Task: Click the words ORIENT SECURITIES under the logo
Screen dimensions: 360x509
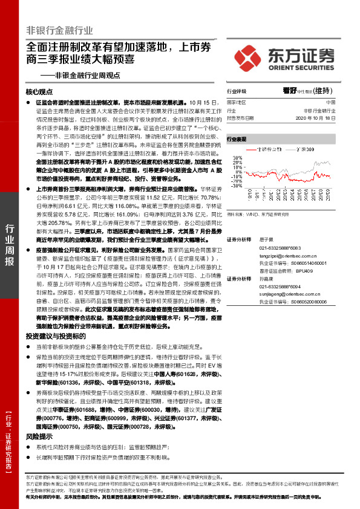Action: [x=300, y=67]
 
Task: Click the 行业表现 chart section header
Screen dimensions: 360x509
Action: [x=237, y=139]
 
